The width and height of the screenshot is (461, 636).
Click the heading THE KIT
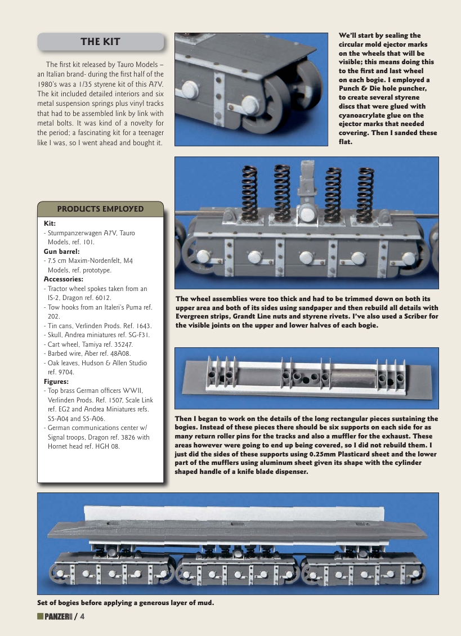[100, 42]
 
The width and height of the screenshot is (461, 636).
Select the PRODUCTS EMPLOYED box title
[100, 209]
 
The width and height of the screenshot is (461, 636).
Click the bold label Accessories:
[64, 279]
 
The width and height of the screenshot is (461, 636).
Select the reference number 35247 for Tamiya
[120, 344]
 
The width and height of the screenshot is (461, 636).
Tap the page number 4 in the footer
[82, 617]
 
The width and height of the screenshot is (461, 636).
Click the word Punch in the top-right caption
[352, 89]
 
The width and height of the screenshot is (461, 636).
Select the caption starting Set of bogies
[126, 603]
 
